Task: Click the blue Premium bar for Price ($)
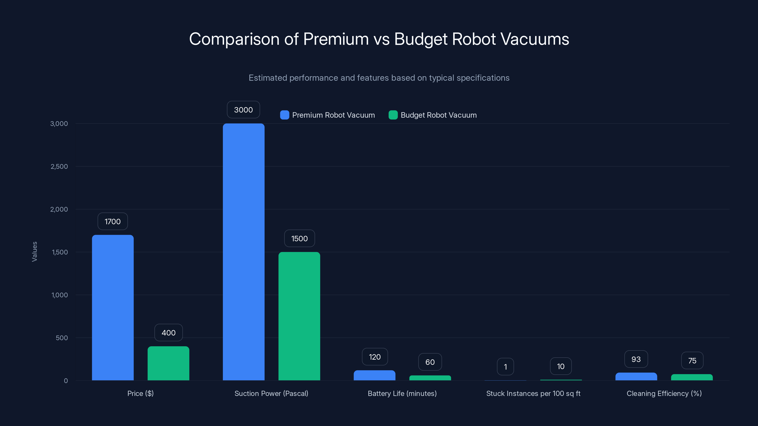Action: pos(113,307)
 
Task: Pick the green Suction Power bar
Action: pos(299,316)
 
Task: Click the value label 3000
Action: pos(243,110)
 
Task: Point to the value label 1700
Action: pos(113,221)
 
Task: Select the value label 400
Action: pos(169,333)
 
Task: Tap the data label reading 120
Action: pos(374,357)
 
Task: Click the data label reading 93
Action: pos(636,359)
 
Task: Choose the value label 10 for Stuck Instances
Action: pos(560,366)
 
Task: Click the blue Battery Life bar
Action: pos(374,375)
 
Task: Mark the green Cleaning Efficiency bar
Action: pos(691,377)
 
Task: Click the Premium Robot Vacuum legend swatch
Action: pos(284,115)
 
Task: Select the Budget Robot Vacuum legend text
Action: pos(438,115)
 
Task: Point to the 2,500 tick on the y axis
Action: pos(59,166)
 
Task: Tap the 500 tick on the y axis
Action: pos(62,338)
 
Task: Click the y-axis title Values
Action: pos(34,252)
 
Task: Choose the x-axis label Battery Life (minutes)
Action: pos(402,393)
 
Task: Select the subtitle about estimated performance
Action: pos(379,78)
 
